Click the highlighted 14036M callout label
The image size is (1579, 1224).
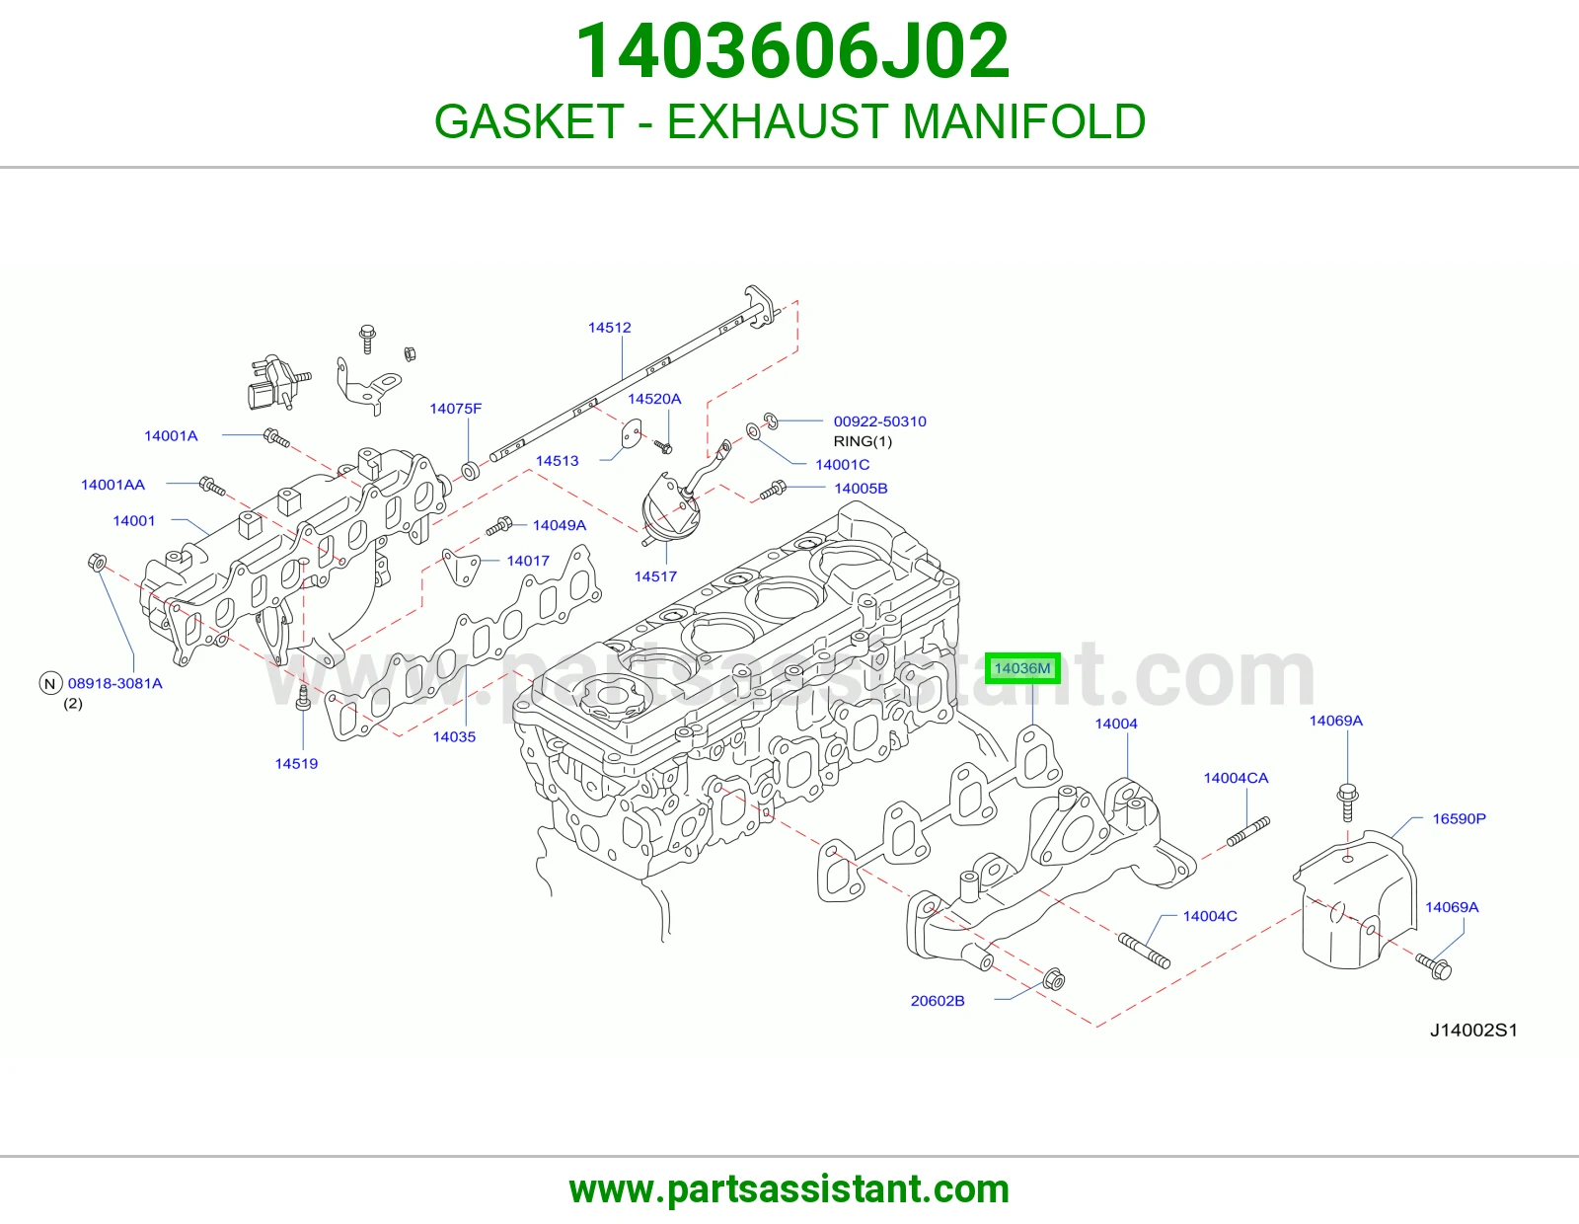(1022, 668)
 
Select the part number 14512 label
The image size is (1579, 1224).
(609, 328)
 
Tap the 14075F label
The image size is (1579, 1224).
(455, 409)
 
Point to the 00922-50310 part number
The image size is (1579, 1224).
(879, 421)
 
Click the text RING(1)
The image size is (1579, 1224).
(863, 441)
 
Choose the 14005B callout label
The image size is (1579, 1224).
(861, 489)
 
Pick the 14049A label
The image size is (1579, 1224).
(559, 525)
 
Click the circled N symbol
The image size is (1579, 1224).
(50, 683)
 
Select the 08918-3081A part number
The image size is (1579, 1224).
(114, 683)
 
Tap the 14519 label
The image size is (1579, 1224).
(296, 763)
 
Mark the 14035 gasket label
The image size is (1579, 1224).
(454, 737)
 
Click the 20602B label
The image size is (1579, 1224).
(938, 1001)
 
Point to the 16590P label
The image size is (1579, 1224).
(1460, 818)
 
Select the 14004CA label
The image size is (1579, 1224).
(1236, 778)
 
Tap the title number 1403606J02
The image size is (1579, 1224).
(792, 51)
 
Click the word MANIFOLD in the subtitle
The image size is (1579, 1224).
(1023, 120)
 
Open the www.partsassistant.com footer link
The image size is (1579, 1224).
(789, 1189)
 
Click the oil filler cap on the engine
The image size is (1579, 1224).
(609, 696)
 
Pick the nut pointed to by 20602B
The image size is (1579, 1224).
(1053, 979)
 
